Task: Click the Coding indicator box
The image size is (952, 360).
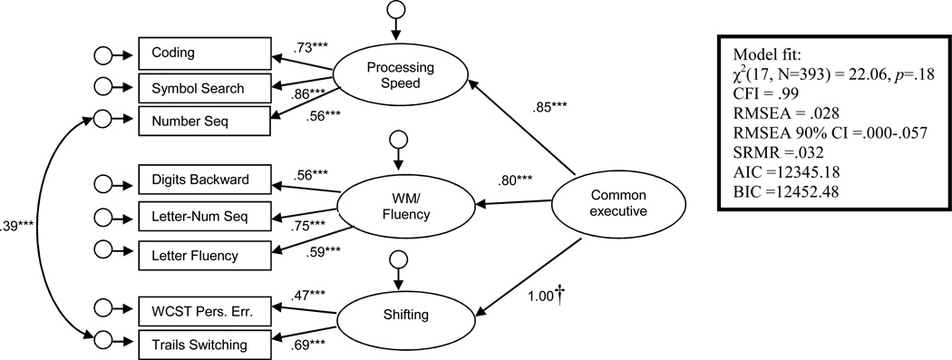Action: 204,53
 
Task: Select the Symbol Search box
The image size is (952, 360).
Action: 204,87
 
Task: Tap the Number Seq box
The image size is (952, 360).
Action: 204,119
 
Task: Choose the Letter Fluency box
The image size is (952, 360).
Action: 204,255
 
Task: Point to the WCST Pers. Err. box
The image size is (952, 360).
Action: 204,310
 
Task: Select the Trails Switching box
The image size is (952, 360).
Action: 204,344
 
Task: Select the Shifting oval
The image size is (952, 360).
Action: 396,316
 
